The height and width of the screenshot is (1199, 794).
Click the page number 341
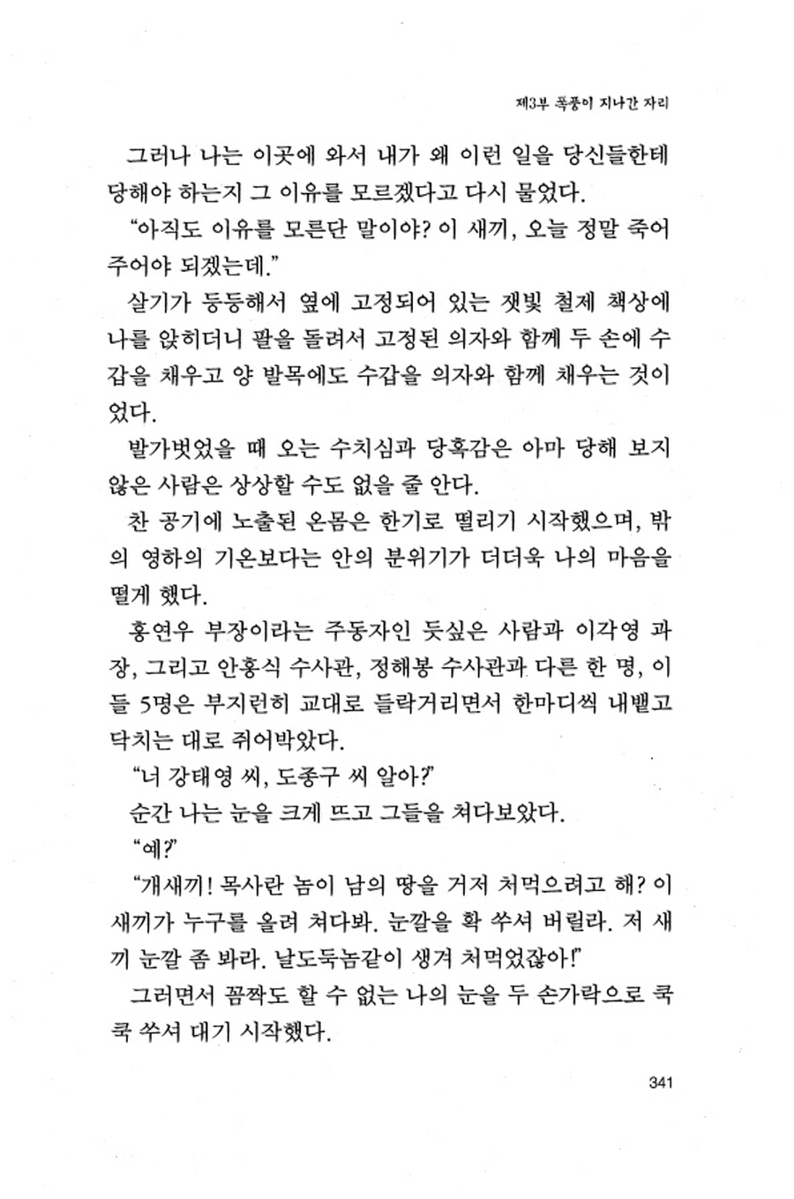tap(661, 1083)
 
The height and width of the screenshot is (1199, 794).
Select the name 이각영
tap(604, 631)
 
